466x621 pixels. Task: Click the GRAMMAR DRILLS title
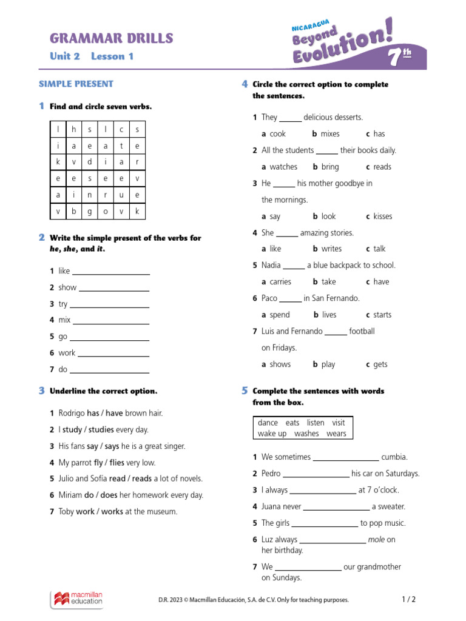coord(111,39)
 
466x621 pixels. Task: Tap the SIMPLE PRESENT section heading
coord(76,84)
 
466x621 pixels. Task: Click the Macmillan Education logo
coord(76,599)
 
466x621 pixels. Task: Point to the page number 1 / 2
coord(409,599)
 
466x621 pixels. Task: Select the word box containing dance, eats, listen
coord(302,428)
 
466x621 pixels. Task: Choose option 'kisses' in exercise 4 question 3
coord(382,217)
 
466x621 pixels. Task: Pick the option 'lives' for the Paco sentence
coord(329,315)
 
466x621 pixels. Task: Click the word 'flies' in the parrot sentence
coord(116,463)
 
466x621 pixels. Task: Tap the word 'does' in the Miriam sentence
coord(109,495)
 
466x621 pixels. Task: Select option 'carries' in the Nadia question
coord(280,282)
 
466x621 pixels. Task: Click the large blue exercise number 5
coord(245,391)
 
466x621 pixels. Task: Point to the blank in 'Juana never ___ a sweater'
coord(336,507)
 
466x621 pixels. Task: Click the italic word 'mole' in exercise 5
coord(376,540)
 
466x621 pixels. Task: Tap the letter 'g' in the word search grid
coord(90,211)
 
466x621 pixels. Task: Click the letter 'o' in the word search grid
coord(106,211)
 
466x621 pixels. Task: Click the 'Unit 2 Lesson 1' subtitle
coord(91,56)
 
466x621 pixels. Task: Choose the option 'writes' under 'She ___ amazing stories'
coord(331,249)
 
